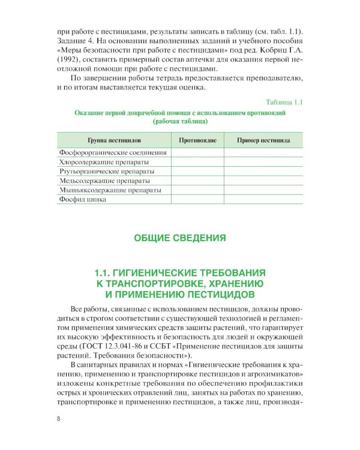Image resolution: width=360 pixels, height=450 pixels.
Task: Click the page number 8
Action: tap(58, 418)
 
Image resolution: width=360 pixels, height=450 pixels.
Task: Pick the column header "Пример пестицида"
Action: tap(263, 140)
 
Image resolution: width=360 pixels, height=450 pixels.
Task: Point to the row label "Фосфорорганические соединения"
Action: tap(112, 152)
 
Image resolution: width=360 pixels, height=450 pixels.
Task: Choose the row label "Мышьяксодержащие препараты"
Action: tap(110, 190)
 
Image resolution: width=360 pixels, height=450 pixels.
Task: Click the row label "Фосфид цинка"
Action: tap(82, 199)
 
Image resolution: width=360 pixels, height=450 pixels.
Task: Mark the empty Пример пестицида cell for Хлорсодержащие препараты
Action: tap(263, 161)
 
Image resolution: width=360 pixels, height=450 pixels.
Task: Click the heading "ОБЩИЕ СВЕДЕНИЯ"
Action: tap(180, 238)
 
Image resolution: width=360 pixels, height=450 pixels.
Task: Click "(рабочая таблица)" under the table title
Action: tap(180, 121)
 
